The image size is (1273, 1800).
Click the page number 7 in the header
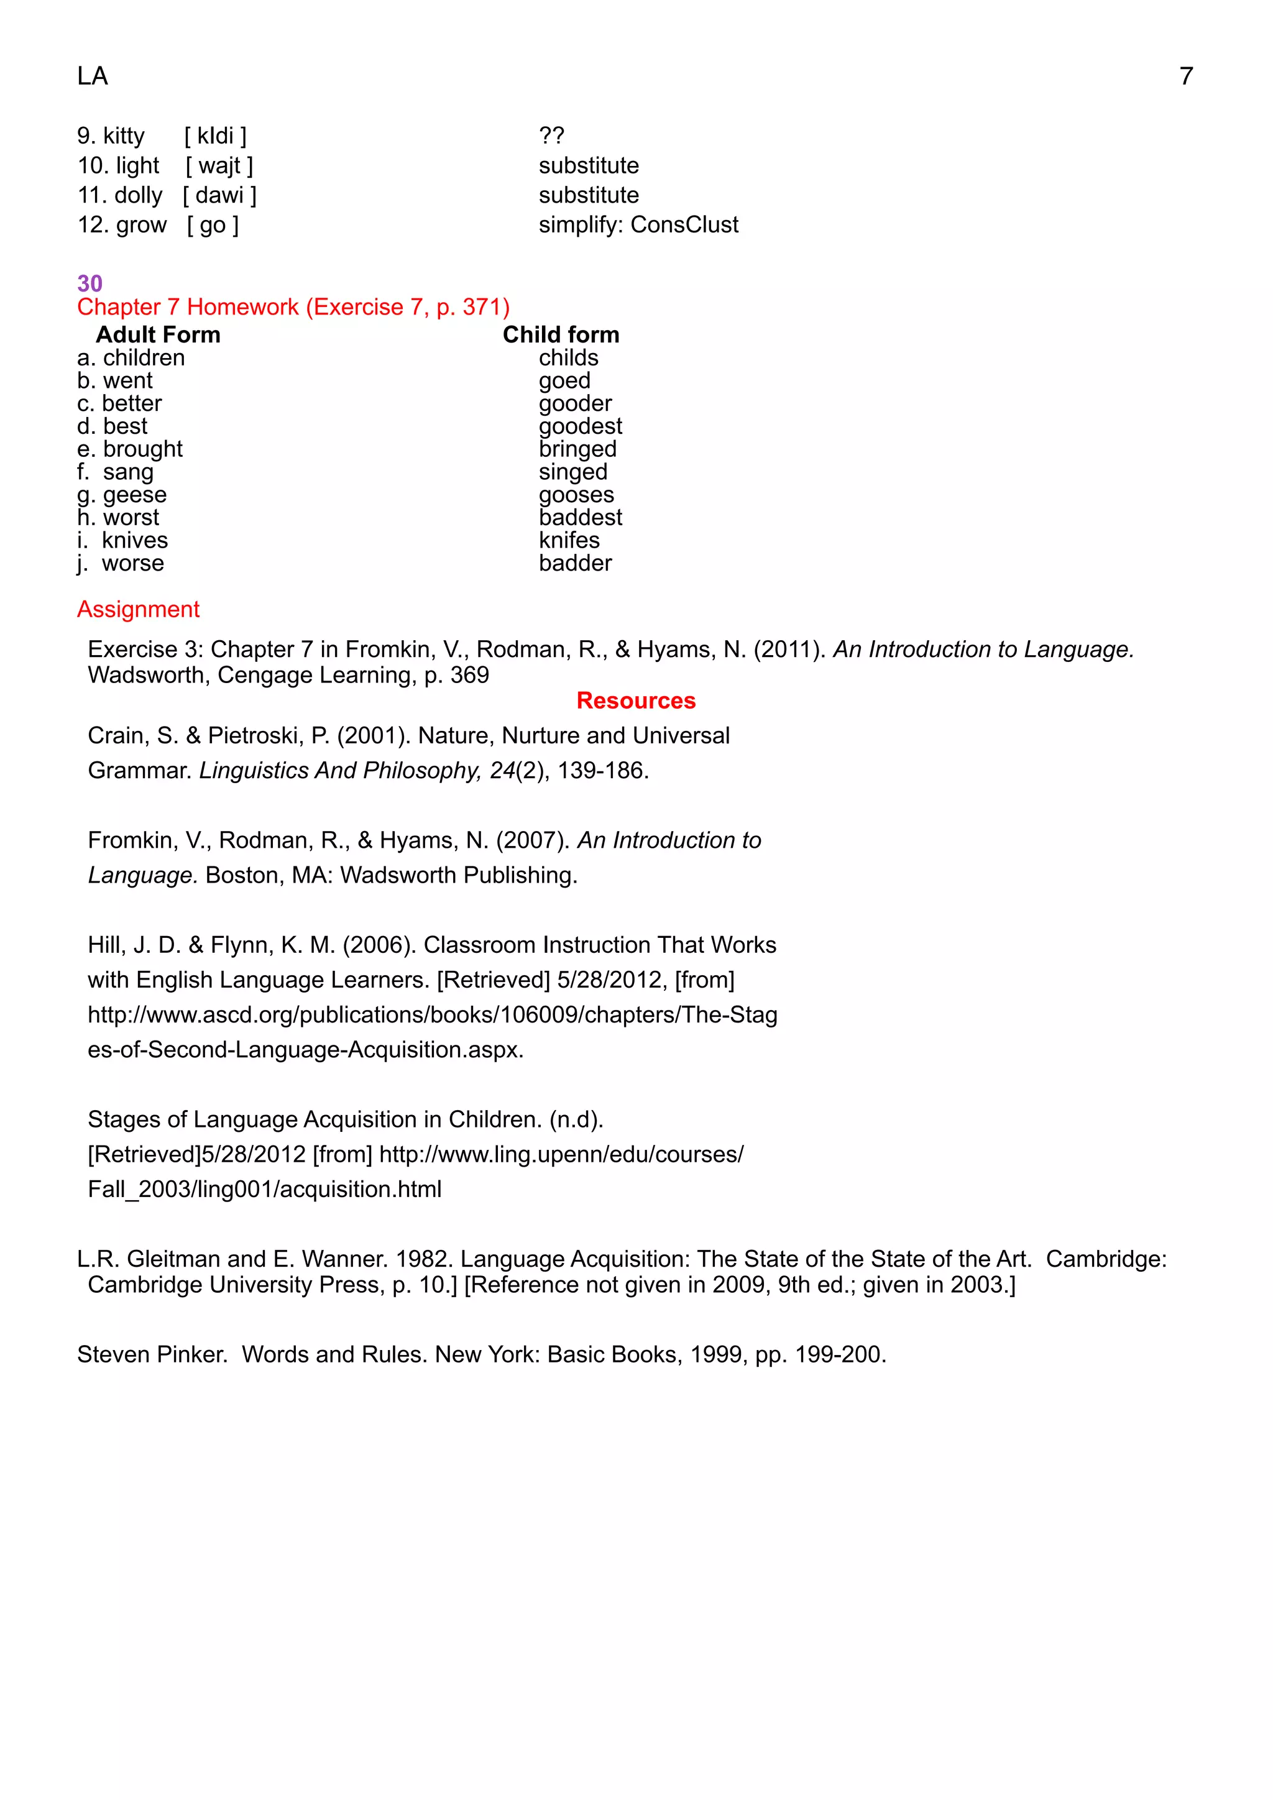coord(1185,76)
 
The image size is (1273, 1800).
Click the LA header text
coord(93,76)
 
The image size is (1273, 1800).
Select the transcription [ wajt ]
coord(219,165)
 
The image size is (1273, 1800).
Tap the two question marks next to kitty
coord(551,135)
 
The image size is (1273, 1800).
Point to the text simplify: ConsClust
coord(638,225)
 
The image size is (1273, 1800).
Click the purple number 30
coord(90,283)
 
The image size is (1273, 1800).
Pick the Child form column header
coord(561,335)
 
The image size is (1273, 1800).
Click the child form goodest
coord(580,426)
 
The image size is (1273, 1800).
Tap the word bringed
coord(577,449)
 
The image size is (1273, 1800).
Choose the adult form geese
coord(134,495)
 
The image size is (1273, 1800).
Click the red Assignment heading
coord(138,609)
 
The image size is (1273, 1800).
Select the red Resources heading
coord(636,700)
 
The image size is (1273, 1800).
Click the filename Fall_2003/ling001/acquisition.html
coord(264,1188)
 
